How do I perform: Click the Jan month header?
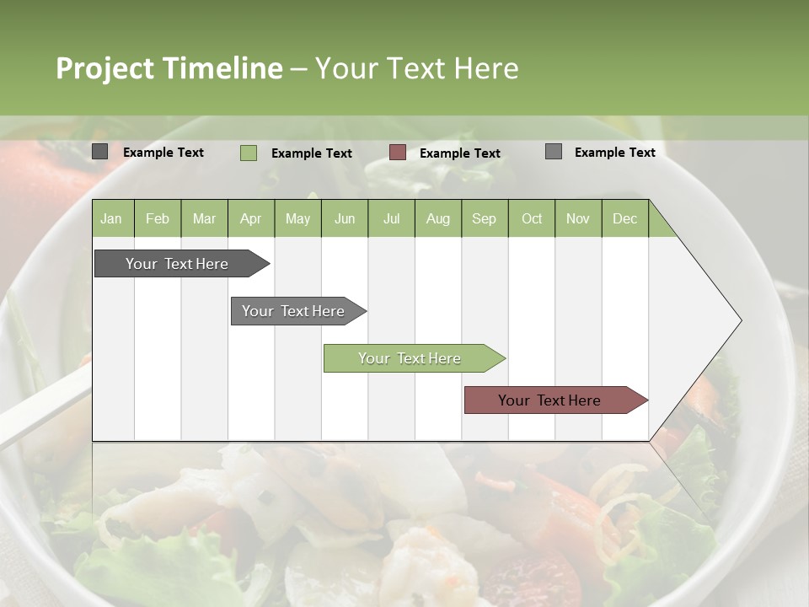111,218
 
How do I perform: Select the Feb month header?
158,218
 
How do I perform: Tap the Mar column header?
204,218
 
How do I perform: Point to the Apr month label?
250,218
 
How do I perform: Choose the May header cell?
297,218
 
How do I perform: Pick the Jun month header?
345,218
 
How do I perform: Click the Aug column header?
437,218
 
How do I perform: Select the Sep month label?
484,218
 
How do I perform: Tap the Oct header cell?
532,218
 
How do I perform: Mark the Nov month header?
578,218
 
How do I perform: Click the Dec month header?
624,218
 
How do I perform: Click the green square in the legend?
249,153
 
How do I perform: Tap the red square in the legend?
398,153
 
